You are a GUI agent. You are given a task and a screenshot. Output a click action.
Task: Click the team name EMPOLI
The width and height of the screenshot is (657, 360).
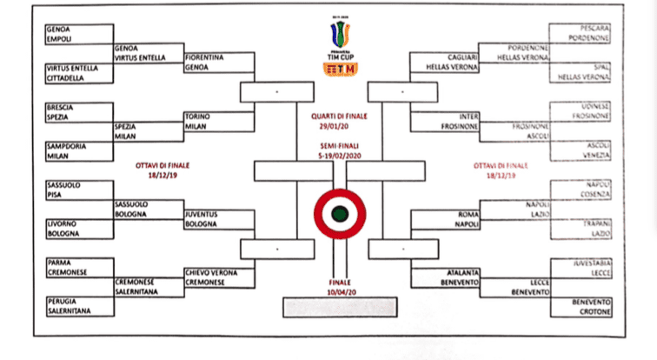[59, 38]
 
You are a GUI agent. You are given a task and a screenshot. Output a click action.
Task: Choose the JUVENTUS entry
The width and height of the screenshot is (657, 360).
[202, 214]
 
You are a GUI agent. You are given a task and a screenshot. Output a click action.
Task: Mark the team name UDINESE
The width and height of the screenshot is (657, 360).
[593, 106]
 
